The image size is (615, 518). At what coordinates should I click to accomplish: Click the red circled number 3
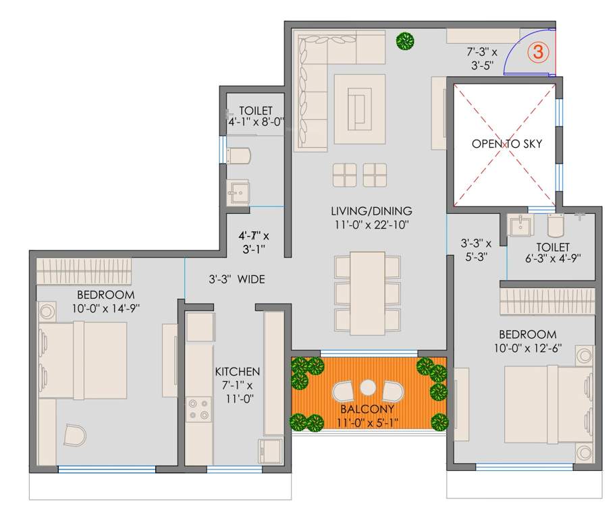click(538, 52)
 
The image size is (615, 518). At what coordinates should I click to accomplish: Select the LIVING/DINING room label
click(371, 210)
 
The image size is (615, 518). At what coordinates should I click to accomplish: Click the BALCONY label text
click(368, 409)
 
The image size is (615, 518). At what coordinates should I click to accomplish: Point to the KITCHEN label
click(237, 372)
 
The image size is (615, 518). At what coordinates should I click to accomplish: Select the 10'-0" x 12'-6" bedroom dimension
click(527, 348)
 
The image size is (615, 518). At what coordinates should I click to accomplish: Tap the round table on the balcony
click(368, 388)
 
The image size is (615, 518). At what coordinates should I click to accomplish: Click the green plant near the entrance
click(405, 42)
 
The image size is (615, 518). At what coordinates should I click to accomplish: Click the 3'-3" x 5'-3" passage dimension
click(475, 249)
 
